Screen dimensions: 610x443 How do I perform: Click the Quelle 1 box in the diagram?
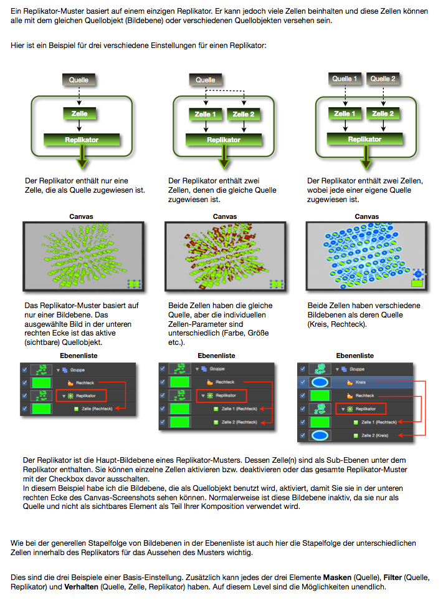(345, 79)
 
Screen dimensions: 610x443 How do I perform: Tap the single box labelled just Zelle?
(79, 114)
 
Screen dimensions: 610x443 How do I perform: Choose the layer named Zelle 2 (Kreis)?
(374, 435)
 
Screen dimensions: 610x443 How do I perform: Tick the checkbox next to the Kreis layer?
(303, 382)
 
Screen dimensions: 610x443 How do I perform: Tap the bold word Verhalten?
(81, 587)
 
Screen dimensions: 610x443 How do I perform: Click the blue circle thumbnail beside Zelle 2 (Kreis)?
(323, 435)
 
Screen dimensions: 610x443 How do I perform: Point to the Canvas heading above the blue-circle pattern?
(366, 216)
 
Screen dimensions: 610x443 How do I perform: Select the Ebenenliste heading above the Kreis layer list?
(355, 356)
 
